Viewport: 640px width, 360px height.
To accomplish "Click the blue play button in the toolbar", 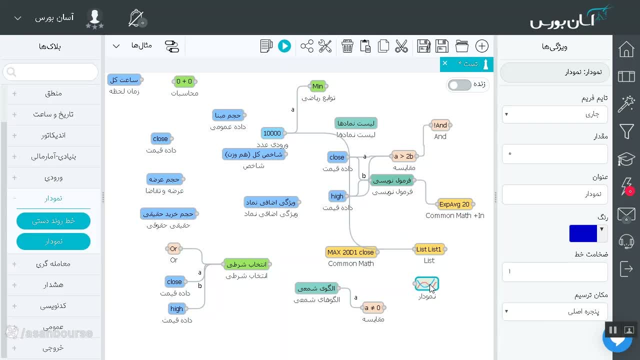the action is [x=284, y=46].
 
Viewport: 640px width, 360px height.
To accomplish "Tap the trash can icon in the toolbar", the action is [x=347, y=46].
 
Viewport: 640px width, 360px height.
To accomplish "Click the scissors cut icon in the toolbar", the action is [x=401, y=46].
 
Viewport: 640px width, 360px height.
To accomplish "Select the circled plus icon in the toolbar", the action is [x=481, y=46].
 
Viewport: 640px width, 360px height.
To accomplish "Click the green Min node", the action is [x=317, y=86].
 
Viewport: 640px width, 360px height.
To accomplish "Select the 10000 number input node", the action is [x=272, y=133].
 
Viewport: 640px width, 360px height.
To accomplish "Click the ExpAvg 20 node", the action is [x=454, y=204].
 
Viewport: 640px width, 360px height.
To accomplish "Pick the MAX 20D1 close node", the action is [x=350, y=252].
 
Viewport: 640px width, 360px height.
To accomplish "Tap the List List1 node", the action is [x=428, y=249].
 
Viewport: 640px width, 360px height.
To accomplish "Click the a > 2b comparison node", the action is [x=403, y=156].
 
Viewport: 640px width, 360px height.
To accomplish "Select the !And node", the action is [x=440, y=125].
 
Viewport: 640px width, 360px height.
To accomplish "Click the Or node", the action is [x=173, y=249].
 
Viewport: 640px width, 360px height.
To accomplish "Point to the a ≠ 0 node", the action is [x=372, y=307].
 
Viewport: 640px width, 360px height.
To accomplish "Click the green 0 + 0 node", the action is [x=184, y=81].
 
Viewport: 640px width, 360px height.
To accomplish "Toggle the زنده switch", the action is [x=459, y=85].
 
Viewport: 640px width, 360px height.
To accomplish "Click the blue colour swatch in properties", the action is [x=583, y=233].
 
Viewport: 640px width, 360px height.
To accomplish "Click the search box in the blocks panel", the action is [x=50, y=72].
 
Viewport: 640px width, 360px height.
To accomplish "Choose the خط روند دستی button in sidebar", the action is [x=53, y=221].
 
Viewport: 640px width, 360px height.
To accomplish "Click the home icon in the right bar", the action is [x=626, y=49].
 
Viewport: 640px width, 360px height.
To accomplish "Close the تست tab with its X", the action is [x=445, y=63].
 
